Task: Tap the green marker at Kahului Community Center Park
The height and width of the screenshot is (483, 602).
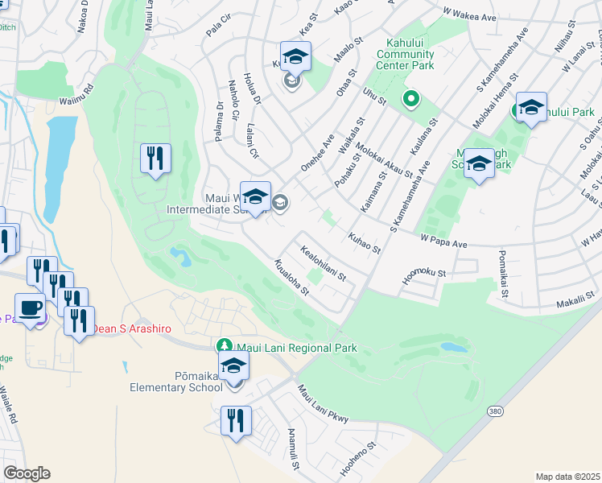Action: tap(411, 99)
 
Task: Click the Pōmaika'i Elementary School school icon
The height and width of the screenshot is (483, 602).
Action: tap(234, 366)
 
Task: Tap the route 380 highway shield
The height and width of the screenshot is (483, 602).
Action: tap(494, 411)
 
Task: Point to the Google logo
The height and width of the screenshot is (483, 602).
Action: tap(27, 473)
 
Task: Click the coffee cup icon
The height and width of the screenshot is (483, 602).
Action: tap(31, 309)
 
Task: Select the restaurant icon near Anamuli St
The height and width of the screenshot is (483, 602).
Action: tap(236, 420)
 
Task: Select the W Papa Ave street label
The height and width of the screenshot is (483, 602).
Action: tap(443, 242)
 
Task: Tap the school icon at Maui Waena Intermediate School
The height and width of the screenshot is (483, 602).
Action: tap(256, 196)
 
